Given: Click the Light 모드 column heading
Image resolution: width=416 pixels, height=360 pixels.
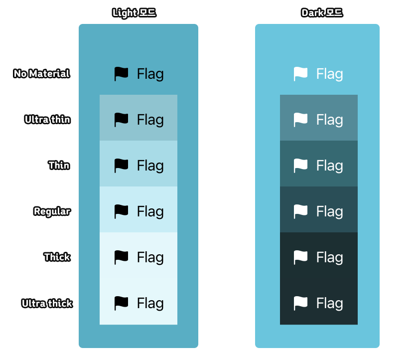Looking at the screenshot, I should [x=135, y=13].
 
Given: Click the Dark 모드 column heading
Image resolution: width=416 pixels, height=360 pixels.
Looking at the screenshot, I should [x=322, y=13].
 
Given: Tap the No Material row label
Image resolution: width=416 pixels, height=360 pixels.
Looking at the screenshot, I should [x=42, y=74].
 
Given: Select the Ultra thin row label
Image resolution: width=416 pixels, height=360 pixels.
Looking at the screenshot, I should [x=47, y=120].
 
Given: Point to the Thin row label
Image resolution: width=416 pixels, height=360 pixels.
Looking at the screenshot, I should [x=59, y=166].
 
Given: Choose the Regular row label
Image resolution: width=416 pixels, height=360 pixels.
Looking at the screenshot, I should [x=52, y=211].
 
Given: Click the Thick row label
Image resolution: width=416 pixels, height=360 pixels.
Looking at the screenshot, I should [x=57, y=257].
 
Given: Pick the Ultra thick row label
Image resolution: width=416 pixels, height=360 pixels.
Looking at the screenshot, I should [x=47, y=303].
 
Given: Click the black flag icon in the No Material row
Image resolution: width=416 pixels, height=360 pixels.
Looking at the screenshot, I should [x=121, y=74].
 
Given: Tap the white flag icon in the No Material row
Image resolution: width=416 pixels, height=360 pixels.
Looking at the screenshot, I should [x=300, y=74].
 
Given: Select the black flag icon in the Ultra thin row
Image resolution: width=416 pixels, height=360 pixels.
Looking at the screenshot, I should [x=121, y=120].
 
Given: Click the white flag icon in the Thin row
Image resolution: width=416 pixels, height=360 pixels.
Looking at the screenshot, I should [x=300, y=166].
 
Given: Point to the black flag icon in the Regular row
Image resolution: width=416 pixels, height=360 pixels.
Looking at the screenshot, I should [x=121, y=211].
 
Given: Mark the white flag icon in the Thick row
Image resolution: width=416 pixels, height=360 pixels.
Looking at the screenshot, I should [x=300, y=257].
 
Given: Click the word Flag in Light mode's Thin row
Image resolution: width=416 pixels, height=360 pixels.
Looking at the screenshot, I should [x=150, y=166].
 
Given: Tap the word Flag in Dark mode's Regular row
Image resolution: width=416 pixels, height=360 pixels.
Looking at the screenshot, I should [x=330, y=211].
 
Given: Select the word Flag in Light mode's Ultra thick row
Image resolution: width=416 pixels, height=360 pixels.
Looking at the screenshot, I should [x=150, y=303].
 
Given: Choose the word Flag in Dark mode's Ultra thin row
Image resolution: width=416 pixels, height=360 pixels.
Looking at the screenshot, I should [x=330, y=120].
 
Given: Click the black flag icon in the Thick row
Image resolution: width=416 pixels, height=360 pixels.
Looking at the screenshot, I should [x=121, y=257].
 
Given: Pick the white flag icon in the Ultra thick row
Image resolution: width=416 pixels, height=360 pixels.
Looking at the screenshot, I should [x=300, y=303].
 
